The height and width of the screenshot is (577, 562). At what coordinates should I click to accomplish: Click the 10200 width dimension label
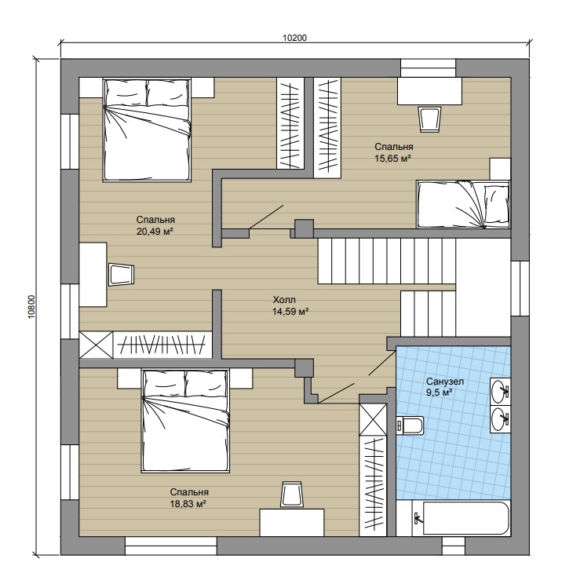coord(294,38)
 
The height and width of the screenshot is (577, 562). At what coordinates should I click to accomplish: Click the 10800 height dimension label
coord(31,306)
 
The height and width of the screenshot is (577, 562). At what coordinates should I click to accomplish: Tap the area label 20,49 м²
coord(155,232)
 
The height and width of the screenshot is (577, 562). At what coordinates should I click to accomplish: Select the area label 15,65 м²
coord(392,159)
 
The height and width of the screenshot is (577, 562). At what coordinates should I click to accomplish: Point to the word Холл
coord(284,299)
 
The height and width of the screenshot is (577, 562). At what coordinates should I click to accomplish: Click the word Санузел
coord(444,382)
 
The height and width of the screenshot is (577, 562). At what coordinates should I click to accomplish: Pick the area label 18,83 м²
coord(188,504)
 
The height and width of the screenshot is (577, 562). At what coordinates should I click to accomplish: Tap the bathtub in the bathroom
coord(466,518)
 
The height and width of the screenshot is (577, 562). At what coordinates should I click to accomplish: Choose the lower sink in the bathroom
coord(500,419)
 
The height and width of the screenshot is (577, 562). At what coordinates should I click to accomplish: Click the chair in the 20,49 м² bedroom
coord(122,274)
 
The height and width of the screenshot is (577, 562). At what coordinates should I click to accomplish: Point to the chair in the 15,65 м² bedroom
coord(430,119)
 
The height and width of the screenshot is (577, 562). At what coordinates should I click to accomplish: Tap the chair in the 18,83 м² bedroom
coord(291,495)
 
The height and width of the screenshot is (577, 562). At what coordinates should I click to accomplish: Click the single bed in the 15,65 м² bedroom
coord(463,204)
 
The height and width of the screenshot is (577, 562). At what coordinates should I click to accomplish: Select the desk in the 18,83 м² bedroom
coord(292,523)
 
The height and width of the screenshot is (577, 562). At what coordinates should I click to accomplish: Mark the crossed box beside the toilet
coord(373,419)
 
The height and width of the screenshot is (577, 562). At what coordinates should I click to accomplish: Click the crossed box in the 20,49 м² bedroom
coord(96,345)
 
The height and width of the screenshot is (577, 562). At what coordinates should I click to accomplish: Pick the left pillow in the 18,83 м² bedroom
coord(165,384)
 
